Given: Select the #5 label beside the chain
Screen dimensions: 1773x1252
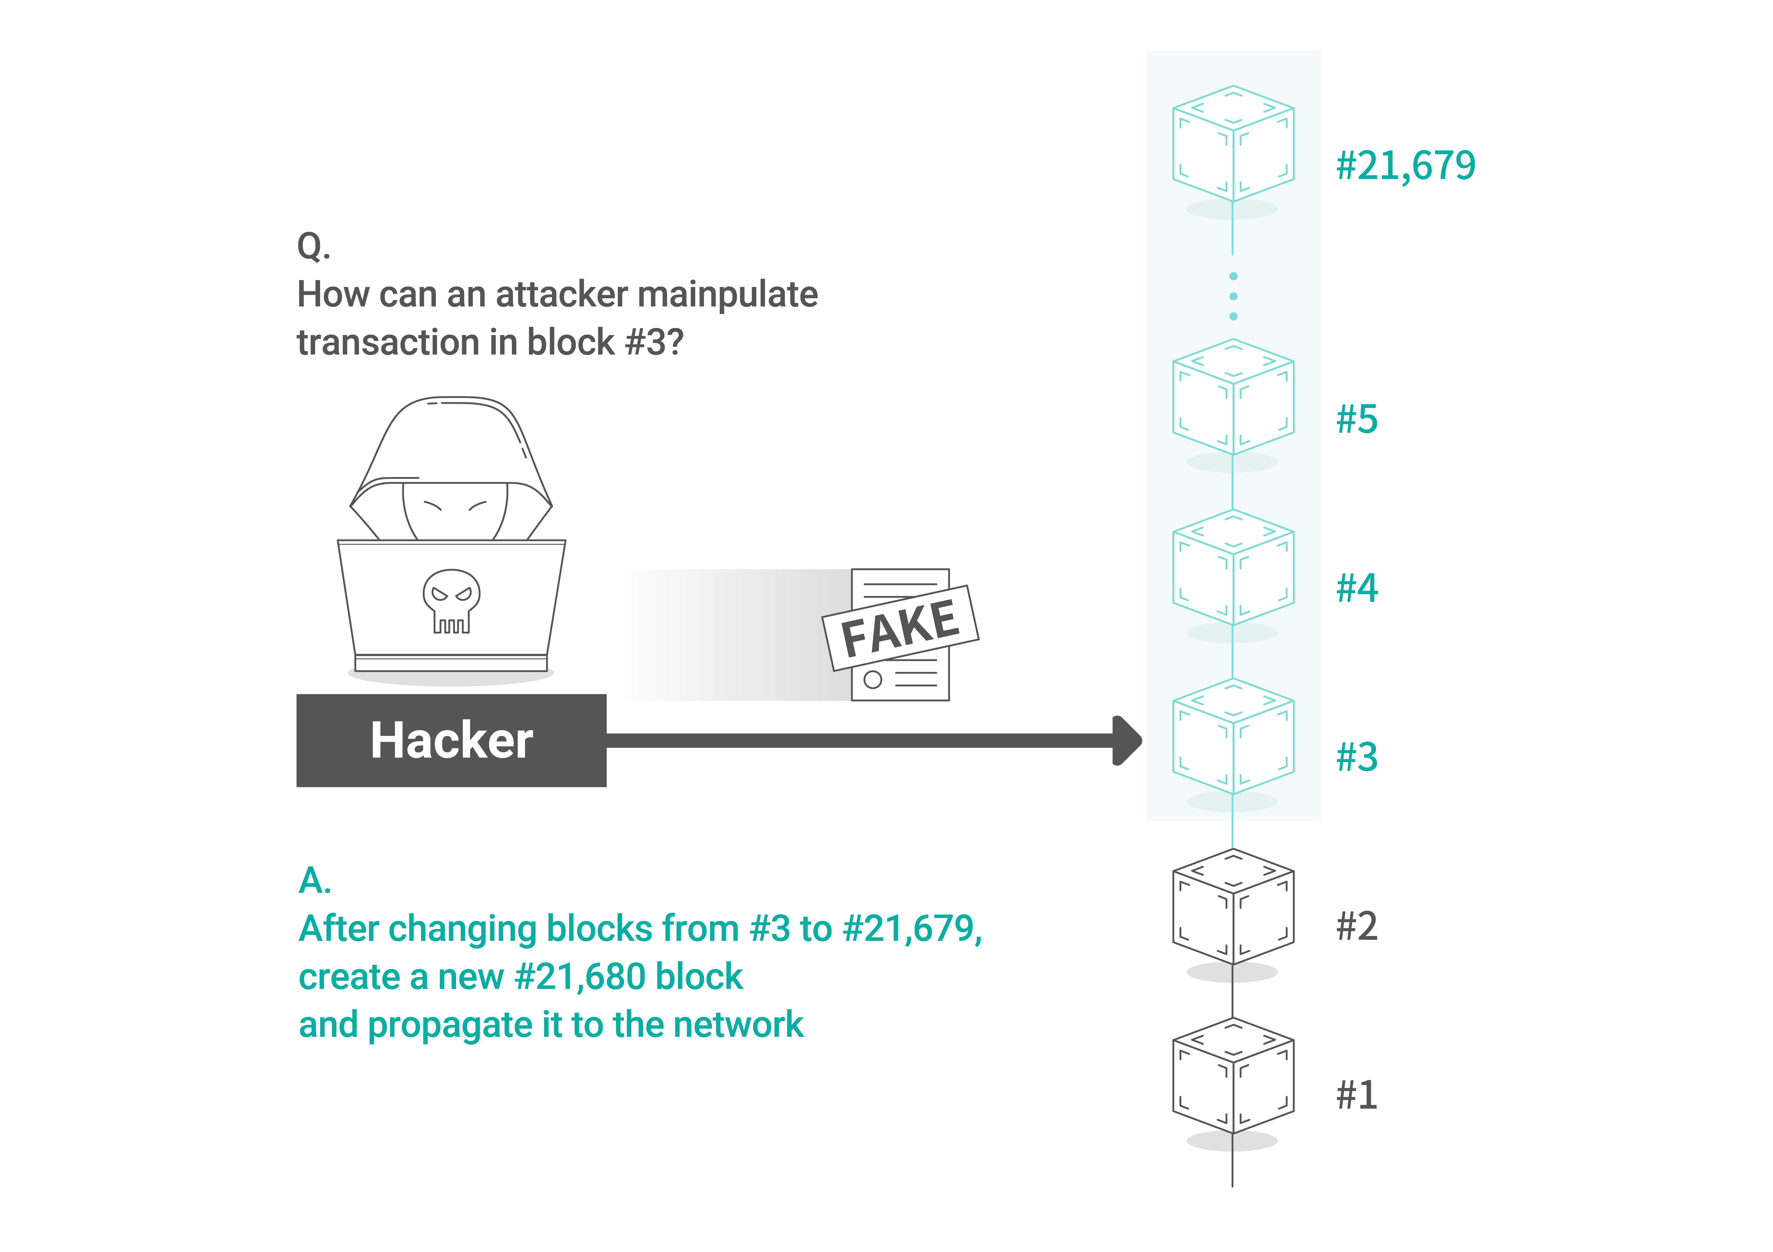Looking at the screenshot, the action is tap(1357, 419).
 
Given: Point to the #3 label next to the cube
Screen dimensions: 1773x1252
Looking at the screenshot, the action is tap(1357, 757).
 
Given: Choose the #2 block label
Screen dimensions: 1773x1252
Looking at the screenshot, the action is tap(1357, 926).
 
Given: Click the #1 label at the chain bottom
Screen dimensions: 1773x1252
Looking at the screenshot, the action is tap(1357, 1095).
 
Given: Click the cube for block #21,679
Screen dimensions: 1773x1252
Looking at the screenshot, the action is tap(1233, 144).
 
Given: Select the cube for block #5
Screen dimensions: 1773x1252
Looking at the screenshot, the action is tap(1233, 397).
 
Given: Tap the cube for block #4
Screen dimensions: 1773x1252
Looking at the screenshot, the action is tap(1233, 567).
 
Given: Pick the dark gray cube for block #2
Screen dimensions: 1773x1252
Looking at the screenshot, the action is tap(1233, 907).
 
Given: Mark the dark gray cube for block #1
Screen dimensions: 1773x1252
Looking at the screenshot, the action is tap(1233, 1076).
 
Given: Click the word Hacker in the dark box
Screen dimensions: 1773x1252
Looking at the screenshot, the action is tap(452, 740).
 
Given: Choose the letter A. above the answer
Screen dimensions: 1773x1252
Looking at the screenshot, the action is tap(315, 880).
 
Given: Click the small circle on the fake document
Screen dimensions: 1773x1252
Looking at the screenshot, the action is tap(873, 680).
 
